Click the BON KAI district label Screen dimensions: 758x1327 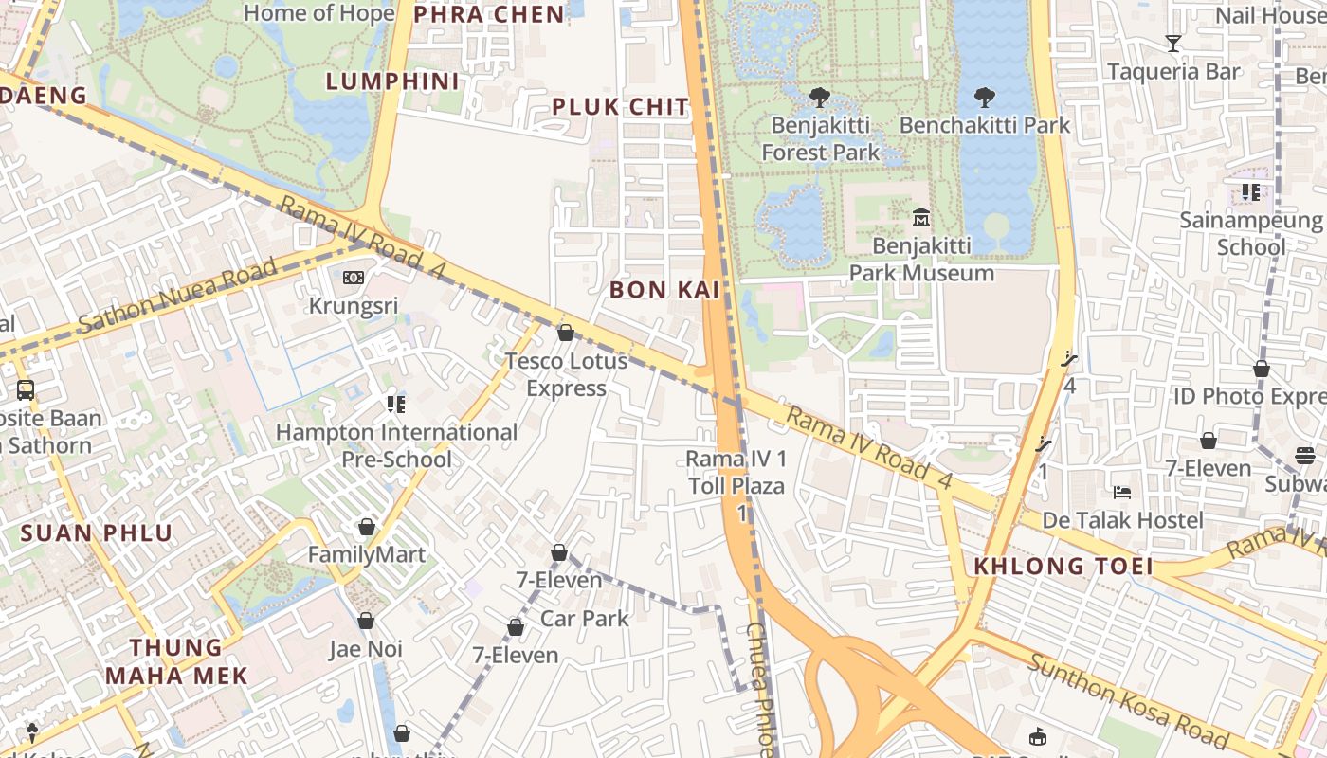(x=665, y=290)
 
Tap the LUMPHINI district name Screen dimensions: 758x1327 (x=392, y=81)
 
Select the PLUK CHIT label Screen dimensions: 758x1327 (x=621, y=107)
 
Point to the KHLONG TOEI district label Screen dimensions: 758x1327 (x=1063, y=567)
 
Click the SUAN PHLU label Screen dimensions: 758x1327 (x=97, y=532)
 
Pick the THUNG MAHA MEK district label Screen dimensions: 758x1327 (x=176, y=661)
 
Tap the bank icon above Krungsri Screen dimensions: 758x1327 (x=353, y=278)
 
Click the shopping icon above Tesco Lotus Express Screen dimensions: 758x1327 (x=566, y=333)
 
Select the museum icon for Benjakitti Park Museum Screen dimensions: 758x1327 (x=920, y=218)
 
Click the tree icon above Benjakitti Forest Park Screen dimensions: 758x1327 (x=820, y=97)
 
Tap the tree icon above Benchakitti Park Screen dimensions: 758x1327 (x=985, y=97)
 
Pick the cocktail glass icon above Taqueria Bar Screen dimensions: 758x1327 (x=1173, y=43)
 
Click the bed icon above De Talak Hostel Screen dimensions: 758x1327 (x=1122, y=492)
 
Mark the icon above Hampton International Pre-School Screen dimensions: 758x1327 (x=396, y=405)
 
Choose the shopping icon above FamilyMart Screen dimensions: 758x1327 (x=367, y=527)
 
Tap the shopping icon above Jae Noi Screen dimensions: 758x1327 (x=366, y=621)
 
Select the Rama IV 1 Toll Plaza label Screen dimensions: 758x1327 (x=736, y=473)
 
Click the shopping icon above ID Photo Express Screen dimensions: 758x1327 (x=1262, y=369)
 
